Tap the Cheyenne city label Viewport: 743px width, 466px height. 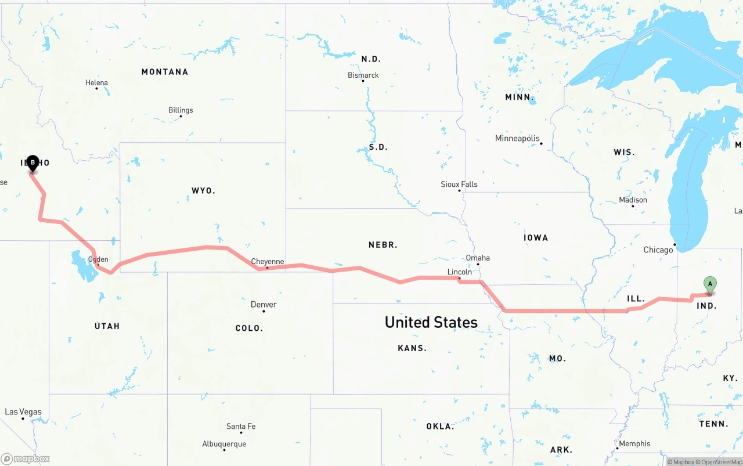click(268, 262)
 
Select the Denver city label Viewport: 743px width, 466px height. click(264, 305)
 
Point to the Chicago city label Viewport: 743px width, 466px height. click(658, 250)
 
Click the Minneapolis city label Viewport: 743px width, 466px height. click(517, 138)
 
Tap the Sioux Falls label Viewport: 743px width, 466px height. click(459, 185)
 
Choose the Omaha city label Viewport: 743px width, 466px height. click(478, 258)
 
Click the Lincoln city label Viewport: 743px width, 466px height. click(460, 272)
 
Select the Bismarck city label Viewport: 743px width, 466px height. click(363, 75)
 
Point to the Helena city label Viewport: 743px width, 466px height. click(96, 83)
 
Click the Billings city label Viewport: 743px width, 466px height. click(181, 110)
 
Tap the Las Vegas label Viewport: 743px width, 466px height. click(23, 412)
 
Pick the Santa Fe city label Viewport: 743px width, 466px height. click(241, 427)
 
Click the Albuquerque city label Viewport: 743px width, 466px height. click(224, 444)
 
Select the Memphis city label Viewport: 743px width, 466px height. click(634, 444)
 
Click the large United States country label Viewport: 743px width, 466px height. click(431, 322)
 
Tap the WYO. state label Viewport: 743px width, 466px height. click(203, 191)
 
